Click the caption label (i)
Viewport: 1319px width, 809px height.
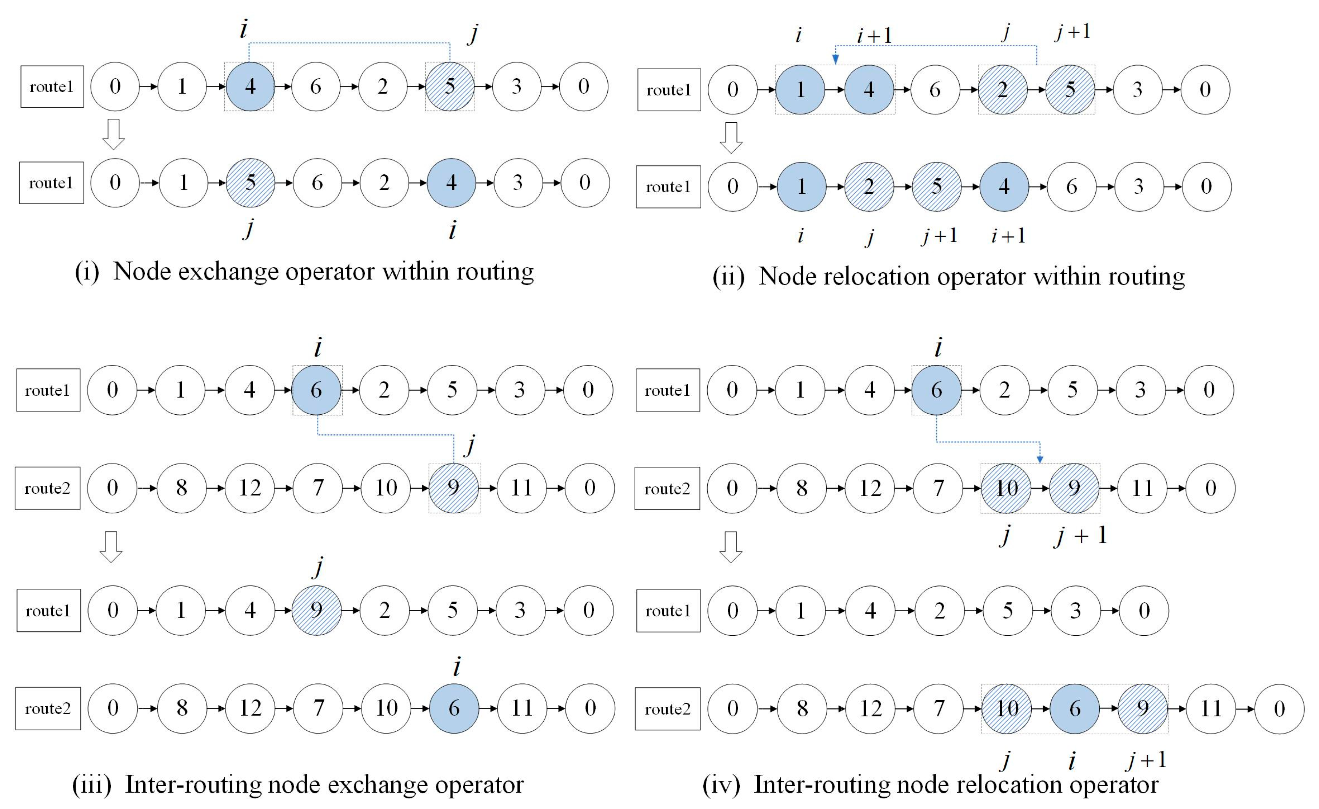coord(87,272)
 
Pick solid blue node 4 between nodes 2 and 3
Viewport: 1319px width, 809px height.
coord(451,183)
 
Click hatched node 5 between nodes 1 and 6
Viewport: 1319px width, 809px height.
coord(250,183)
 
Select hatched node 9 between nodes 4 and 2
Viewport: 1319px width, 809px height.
coord(316,610)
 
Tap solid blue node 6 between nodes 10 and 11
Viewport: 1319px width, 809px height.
coord(454,708)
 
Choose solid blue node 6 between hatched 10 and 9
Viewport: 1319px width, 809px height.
coord(1074,709)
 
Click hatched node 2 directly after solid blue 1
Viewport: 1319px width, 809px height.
coord(869,186)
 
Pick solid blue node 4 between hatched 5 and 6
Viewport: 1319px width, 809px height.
coord(1004,186)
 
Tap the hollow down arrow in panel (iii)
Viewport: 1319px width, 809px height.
coord(111,546)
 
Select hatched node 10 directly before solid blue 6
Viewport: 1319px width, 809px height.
coord(1006,709)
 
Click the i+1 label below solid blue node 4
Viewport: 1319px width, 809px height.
coord(1008,236)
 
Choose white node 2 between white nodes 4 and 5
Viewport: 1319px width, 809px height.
coord(939,611)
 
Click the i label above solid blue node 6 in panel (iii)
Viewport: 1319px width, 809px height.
coord(318,347)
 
